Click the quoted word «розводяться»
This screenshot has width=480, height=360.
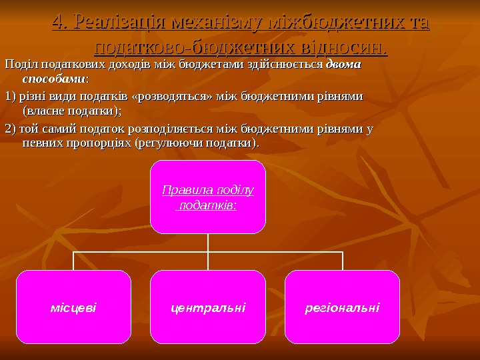click(172, 97)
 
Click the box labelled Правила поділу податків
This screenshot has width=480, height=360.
click(208, 197)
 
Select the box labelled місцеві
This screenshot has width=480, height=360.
click(73, 307)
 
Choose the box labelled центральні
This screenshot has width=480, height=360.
click(208, 307)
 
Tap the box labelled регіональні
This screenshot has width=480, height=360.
click(342, 307)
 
